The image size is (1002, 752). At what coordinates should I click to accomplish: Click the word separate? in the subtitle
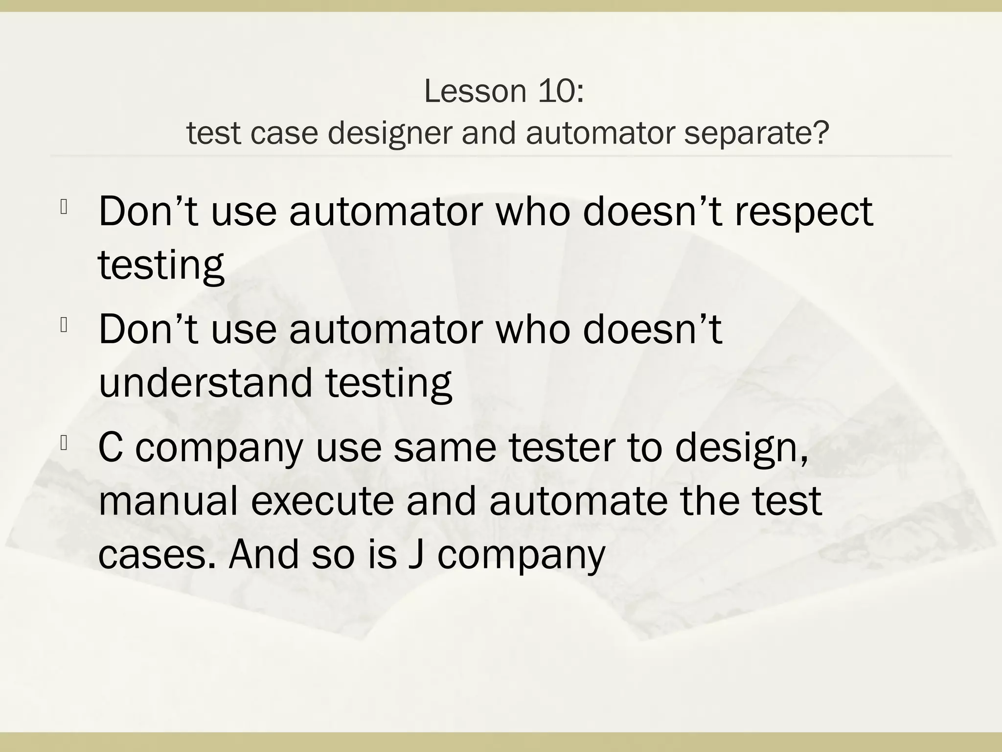click(x=756, y=133)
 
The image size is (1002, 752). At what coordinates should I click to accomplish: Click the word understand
click(x=205, y=382)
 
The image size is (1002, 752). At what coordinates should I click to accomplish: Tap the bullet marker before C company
click(x=64, y=444)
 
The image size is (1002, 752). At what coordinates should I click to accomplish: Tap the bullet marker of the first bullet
click(x=64, y=208)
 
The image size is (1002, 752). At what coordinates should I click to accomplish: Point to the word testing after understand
click(x=388, y=382)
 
